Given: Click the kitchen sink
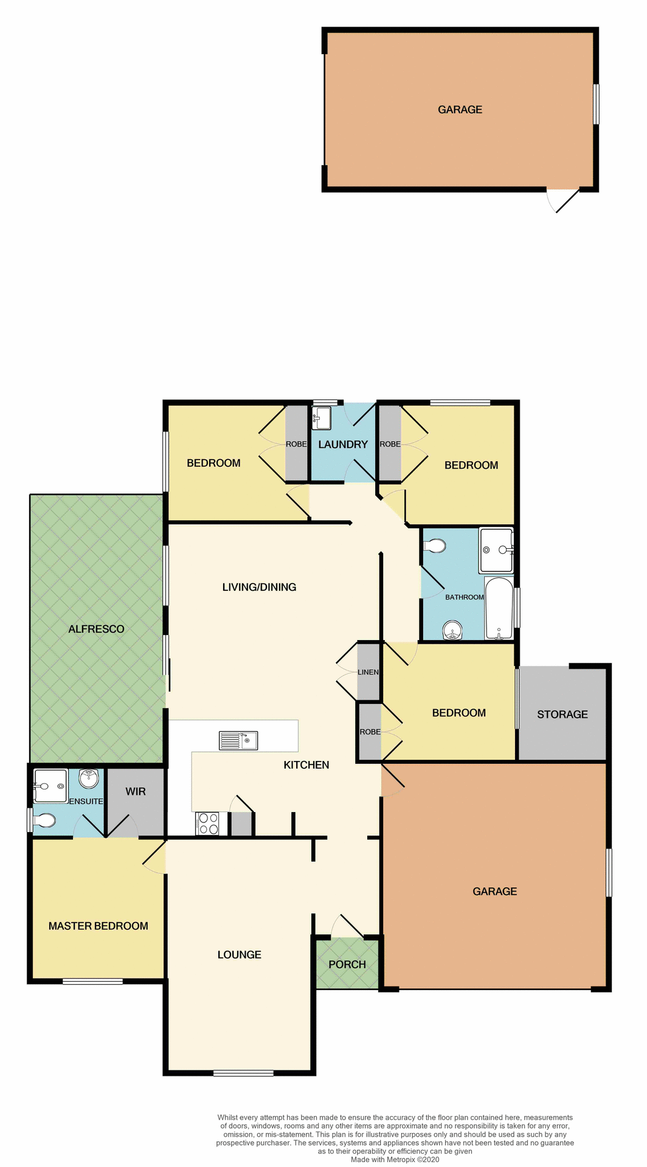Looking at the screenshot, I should pos(238,740).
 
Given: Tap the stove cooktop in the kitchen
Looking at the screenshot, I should pos(208,824).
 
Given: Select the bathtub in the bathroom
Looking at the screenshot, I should pos(499,608).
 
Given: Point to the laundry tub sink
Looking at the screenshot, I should pos(322,418).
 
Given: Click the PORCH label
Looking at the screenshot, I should pos(347,964).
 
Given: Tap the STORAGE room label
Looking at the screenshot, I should pos(562,714).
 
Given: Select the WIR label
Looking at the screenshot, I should pos(136,791).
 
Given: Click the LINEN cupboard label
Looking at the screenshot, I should pos(368,672).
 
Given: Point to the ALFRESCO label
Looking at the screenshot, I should pos(96,629).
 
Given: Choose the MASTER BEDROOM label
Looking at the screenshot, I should pos(99,926).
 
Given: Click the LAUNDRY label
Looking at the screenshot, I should pos(343,444).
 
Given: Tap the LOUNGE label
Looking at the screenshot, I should pos(240,954).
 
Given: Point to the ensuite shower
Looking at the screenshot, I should pos(50,786).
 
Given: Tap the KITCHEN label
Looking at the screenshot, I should pos(306,765).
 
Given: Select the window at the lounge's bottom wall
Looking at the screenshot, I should pos(243,1073).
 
